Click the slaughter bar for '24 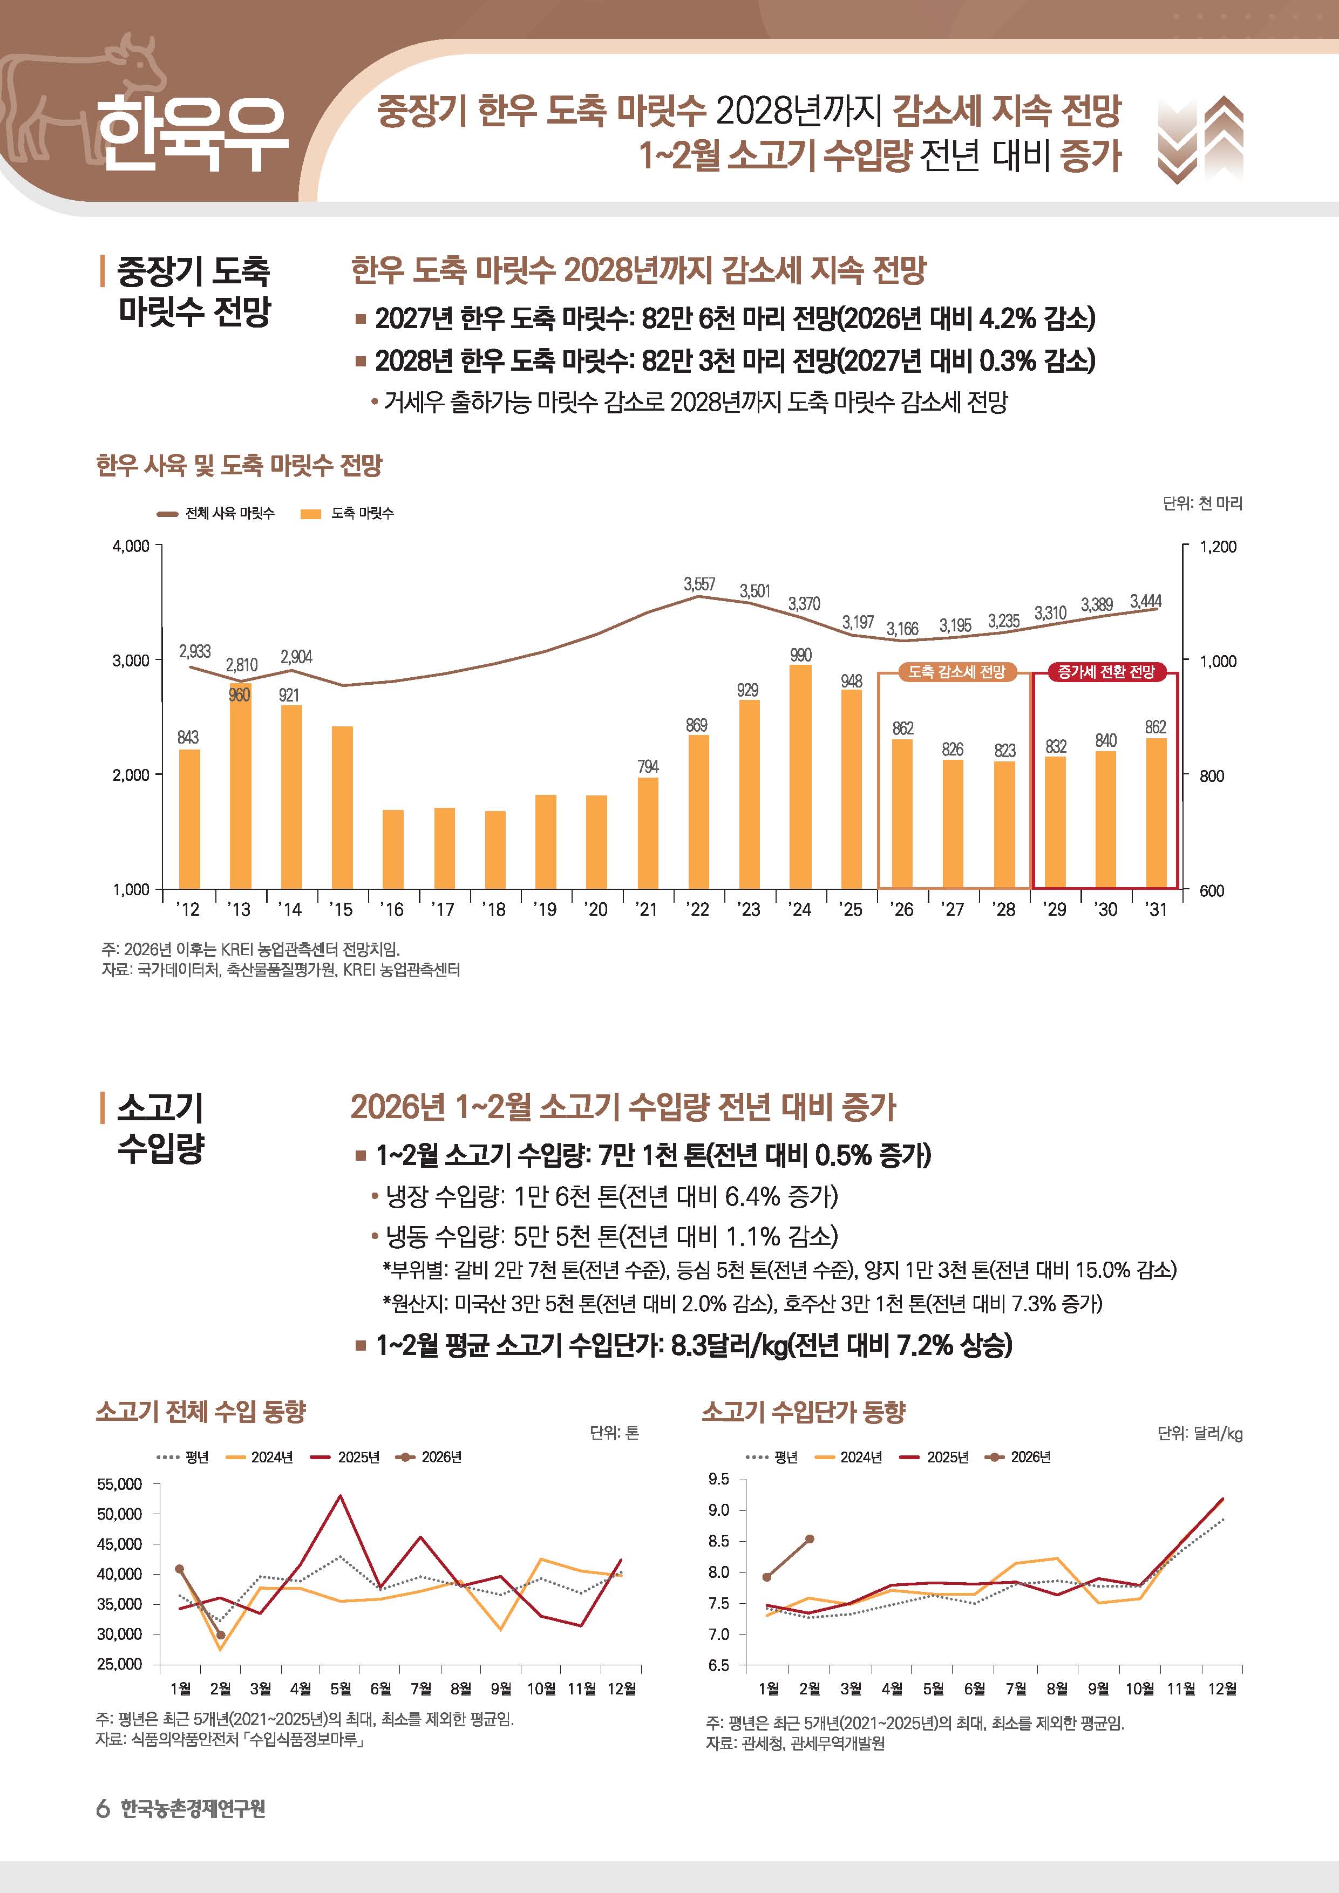pyautogui.click(x=800, y=777)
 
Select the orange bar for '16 pyautogui.click(x=393, y=849)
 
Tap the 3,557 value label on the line pyautogui.click(x=699, y=584)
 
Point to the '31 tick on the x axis pyautogui.click(x=1156, y=909)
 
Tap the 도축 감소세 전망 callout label pyautogui.click(x=956, y=672)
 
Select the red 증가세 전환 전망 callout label pyautogui.click(x=1106, y=672)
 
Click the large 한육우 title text pyautogui.click(x=192, y=134)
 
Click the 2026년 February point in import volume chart pyautogui.click(x=220, y=1635)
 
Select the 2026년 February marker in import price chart pyautogui.click(x=810, y=1538)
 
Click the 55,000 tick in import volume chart pyautogui.click(x=120, y=1484)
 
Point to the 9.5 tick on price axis pyautogui.click(x=719, y=1479)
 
